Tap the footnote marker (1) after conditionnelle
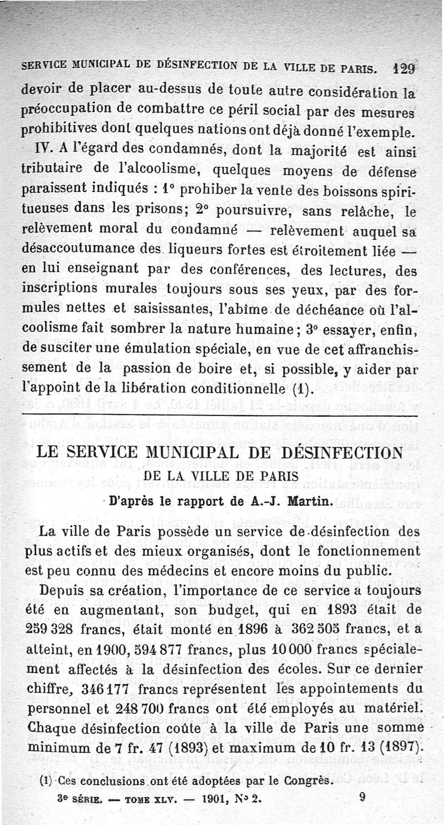302,387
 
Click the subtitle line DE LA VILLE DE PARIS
221,477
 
